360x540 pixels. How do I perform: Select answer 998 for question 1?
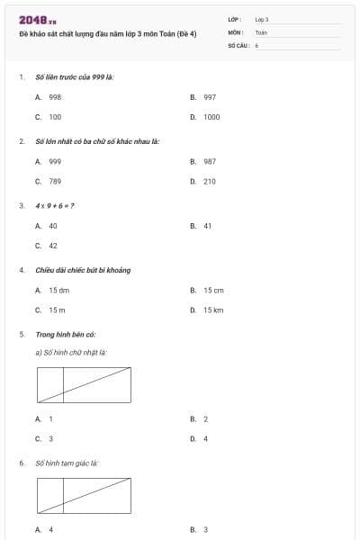pyautogui.click(x=54, y=96)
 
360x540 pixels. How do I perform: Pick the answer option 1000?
pyautogui.click(x=211, y=117)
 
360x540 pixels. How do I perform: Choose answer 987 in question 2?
pyautogui.click(x=209, y=161)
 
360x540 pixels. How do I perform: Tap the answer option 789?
pyautogui.click(x=54, y=182)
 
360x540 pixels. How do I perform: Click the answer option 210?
pyautogui.click(x=209, y=182)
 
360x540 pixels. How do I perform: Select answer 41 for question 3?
pyautogui.click(x=207, y=226)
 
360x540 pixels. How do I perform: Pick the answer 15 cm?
pyautogui.click(x=212, y=290)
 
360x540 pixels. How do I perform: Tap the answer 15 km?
pyautogui.click(x=212, y=310)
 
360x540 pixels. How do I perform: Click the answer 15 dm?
pyautogui.click(x=58, y=290)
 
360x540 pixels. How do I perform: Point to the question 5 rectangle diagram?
pyautogui.click(x=84, y=384)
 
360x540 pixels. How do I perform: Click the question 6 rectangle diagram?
pyautogui.click(x=84, y=495)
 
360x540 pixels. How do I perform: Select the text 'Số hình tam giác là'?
pyautogui.click(x=66, y=463)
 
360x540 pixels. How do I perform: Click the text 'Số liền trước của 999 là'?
pyautogui.click(x=74, y=76)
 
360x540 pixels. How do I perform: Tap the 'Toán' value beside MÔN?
pyautogui.click(x=261, y=31)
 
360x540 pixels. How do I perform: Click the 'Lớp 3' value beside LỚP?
pyautogui.click(x=262, y=19)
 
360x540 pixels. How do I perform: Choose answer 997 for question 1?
pyautogui.click(x=209, y=96)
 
